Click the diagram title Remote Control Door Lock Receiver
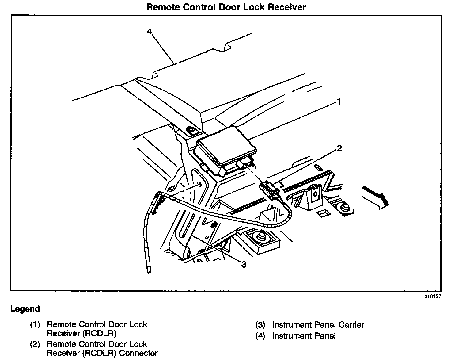[x=226, y=7]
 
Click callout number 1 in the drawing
[x=339, y=101]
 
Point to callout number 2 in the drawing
[x=339, y=148]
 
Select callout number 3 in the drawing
[x=244, y=264]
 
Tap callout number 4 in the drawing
[x=149, y=32]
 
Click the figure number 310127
[x=432, y=297]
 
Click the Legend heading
[x=25, y=309]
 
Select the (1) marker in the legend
[x=35, y=325]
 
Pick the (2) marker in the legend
[x=35, y=344]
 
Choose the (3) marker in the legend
[x=260, y=325]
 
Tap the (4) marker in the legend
[x=260, y=336]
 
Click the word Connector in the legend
[x=138, y=353]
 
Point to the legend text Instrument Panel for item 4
[x=304, y=336]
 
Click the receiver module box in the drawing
[x=226, y=147]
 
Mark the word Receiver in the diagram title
[x=286, y=7]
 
